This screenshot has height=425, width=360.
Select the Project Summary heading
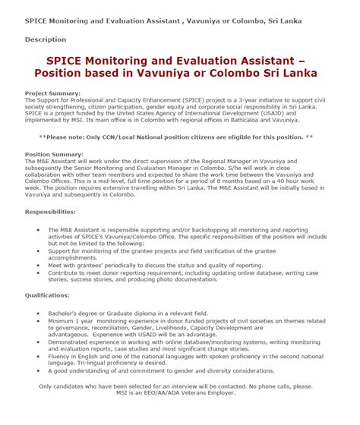pos(52,93)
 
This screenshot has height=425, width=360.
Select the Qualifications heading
pos(47,294)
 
